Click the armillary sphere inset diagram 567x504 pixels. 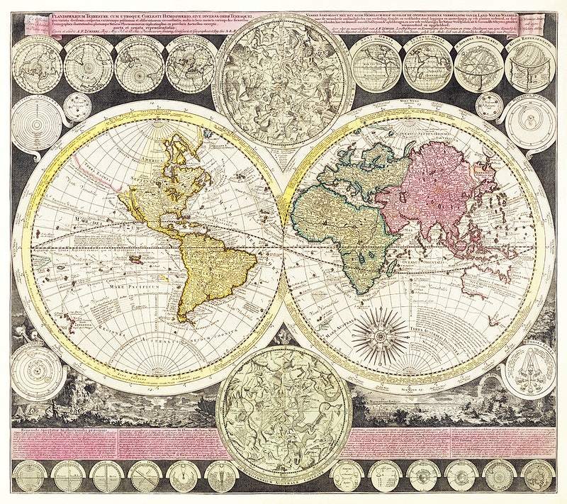(473, 68)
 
